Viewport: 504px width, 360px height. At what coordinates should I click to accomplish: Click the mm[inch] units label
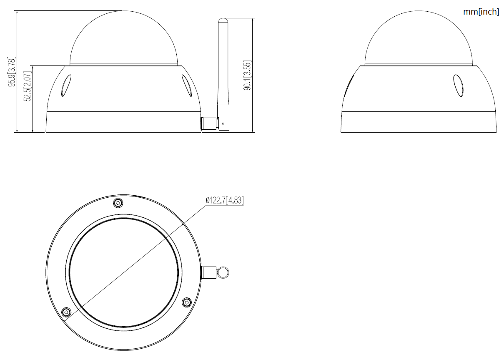481,12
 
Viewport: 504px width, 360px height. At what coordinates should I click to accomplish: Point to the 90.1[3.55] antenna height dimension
248,76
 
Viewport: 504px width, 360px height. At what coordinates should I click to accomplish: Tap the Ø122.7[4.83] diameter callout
225,200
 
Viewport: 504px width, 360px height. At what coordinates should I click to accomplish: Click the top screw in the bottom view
118,203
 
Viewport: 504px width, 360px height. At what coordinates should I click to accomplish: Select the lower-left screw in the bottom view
66,312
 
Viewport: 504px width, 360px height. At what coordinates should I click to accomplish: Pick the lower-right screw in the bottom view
187,301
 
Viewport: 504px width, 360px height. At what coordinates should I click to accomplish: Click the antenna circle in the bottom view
223,272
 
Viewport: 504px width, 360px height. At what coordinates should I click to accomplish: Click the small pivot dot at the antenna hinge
223,123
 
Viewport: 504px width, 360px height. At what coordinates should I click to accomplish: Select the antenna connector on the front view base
209,124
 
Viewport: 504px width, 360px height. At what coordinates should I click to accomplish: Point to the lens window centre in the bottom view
123,271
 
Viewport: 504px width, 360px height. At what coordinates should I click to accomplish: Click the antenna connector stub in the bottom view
208,272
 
